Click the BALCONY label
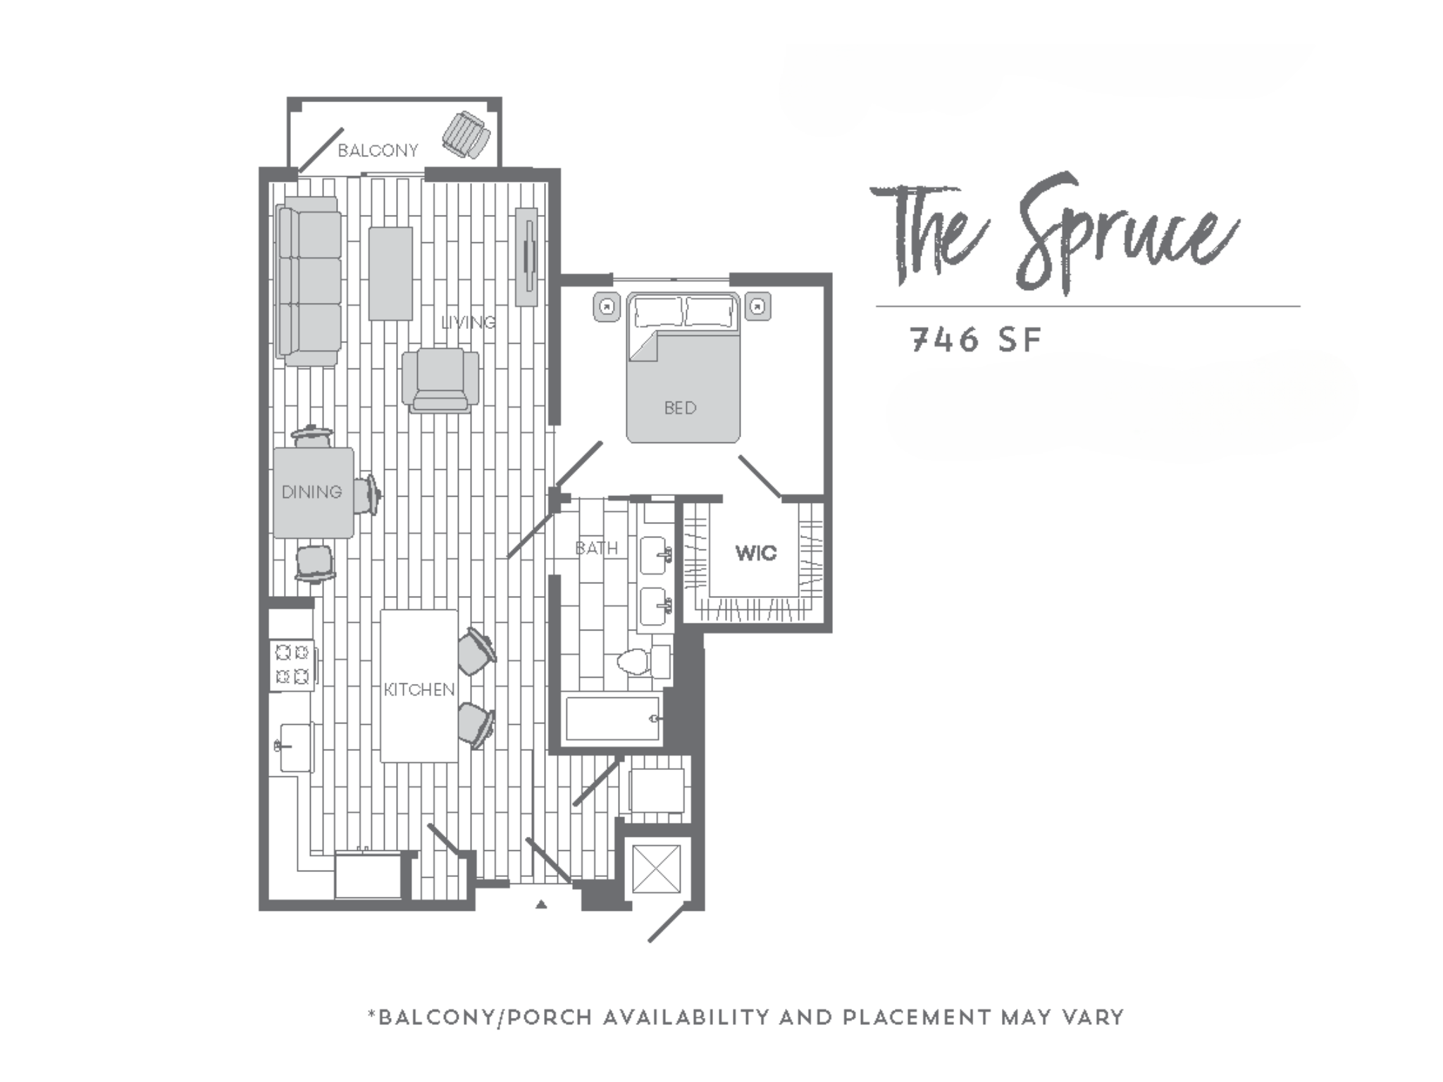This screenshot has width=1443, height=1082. [378, 150]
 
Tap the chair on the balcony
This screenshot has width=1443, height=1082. [466, 135]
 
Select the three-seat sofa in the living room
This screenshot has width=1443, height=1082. [309, 281]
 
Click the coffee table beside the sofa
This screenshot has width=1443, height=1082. [390, 273]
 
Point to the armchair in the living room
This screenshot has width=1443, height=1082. [440, 380]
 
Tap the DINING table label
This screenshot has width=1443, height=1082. [311, 492]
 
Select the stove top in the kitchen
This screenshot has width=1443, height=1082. [292, 664]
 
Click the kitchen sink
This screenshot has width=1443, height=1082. [295, 746]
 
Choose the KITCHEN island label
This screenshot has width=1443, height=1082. [419, 690]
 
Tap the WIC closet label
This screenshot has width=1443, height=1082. [756, 553]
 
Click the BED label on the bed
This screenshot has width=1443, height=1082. [680, 408]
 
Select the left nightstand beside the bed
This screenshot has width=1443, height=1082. [606, 306]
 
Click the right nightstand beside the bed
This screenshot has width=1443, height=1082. [757, 306]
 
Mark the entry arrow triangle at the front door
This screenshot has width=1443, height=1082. [541, 904]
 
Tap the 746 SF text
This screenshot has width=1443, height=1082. [976, 340]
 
